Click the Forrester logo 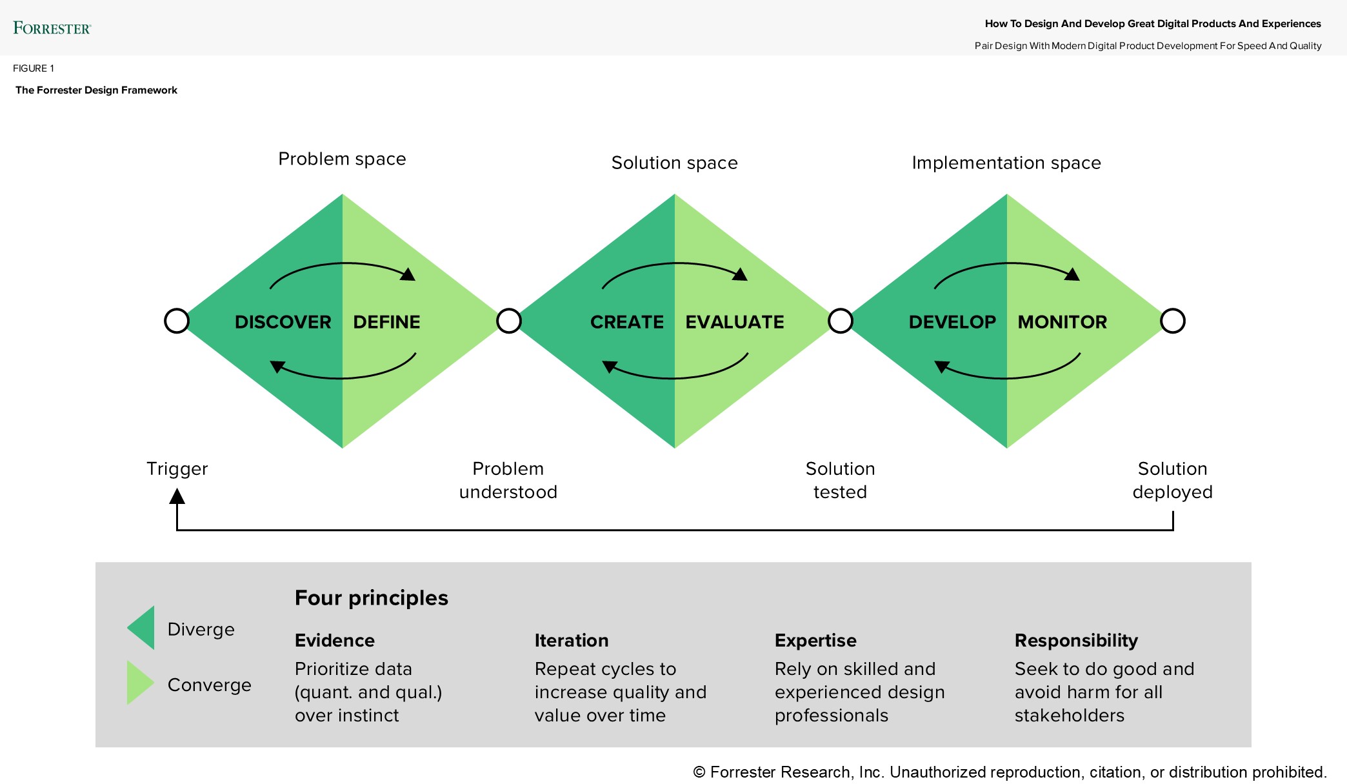pos(52,28)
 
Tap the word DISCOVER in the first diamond pos(283,322)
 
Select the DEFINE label pos(386,322)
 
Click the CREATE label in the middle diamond pos(626,322)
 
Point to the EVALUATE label pos(734,322)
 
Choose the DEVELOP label pos(952,322)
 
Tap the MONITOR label pos(1062,322)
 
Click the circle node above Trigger pos(177,321)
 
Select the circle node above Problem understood pos(509,321)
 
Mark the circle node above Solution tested pos(841,321)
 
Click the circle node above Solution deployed pos(1173,321)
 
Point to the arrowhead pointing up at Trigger pos(177,496)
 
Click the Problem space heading pos(342,159)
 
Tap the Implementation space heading pos(1006,163)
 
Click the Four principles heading pos(371,598)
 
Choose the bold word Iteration pos(571,640)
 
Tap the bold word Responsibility pos(1075,640)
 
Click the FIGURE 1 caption pos(34,68)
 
